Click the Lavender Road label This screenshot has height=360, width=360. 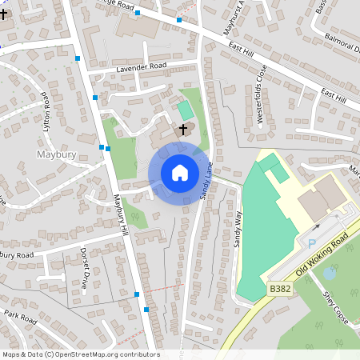point(141,66)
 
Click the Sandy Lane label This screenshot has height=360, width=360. point(207,183)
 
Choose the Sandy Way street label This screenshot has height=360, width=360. point(238,228)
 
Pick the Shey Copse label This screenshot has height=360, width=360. point(331,305)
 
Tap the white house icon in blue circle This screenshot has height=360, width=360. point(180,173)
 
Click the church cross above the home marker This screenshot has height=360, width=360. point(183,129)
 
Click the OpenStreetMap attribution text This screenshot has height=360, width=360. point(80,354)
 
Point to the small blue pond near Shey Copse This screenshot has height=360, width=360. point(329,274)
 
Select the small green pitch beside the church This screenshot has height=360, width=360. point(185,110)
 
